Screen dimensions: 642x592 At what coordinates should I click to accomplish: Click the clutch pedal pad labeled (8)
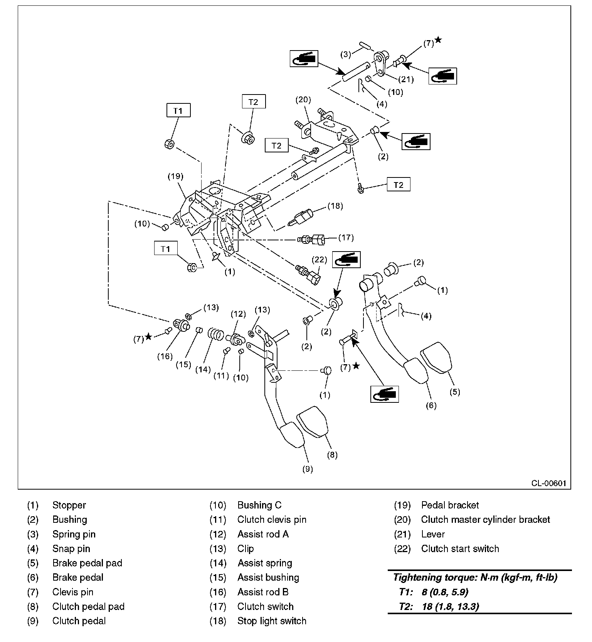pyautogui.click(x=313, y=421)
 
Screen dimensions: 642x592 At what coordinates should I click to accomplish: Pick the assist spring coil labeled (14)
pyautogui.click(x=215, y=334)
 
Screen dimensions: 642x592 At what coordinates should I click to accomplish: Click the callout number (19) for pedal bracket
pyautogui.click(x=175, y=176)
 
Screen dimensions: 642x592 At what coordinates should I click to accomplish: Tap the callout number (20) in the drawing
pyautogui.click(x=303, y=100)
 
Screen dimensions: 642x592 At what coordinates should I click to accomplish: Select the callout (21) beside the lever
pyautogui.click(x=406, y=79)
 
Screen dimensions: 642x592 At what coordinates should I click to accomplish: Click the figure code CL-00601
pyautogui.click(x=549, y=483)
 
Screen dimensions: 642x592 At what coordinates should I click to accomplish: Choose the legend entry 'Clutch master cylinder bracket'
pyautogui.click(x=485, y=520)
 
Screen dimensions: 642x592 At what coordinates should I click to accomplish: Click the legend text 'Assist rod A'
pyautogui.click(x=263, y=534)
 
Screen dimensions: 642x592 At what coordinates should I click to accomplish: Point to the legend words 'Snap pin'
pyautogui.click(x=71, y=549)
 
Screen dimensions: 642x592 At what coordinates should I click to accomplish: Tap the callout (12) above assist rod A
pyautogui.click(x=238, y=314)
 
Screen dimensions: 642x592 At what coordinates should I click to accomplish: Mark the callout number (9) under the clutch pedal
pyautogui.click(x=307, y=469)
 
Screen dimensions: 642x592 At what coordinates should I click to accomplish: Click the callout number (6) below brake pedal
pyautogui.click(x=431, y=405)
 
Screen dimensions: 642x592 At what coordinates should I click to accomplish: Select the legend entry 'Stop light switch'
pyautogui.click(x=272, y=621)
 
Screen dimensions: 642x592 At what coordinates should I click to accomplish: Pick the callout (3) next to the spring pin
pyautogui.click(x=345, y=54)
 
